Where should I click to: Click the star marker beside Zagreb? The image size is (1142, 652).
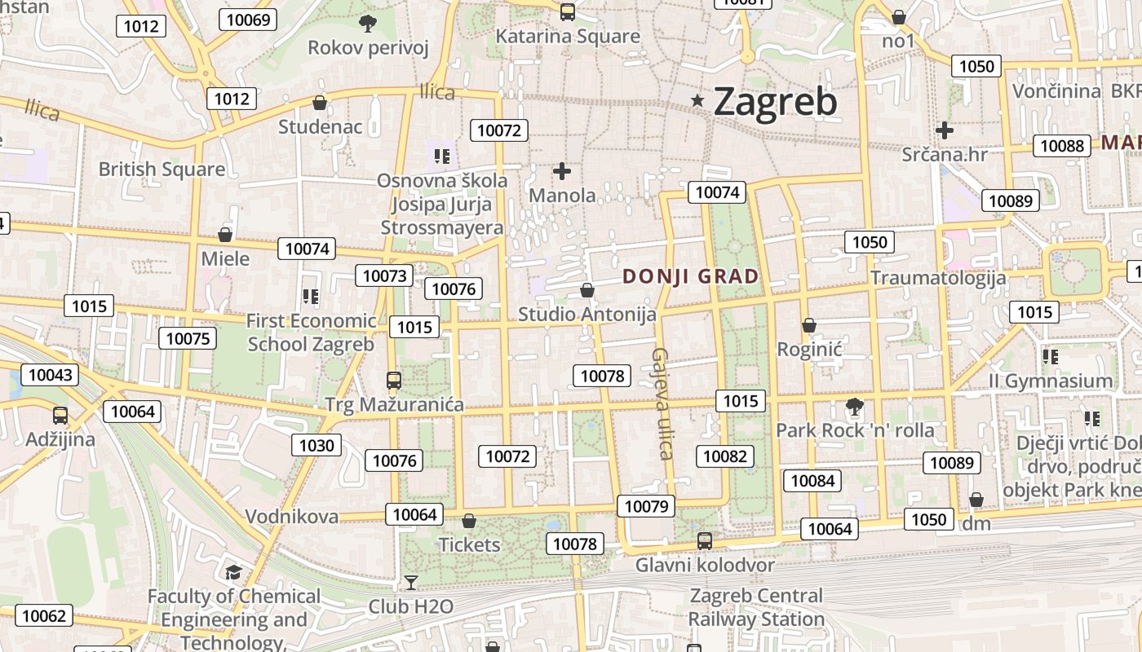point(697,101)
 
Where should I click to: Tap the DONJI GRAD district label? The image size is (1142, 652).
point(691,276)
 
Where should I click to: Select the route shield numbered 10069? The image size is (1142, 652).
point(248,20)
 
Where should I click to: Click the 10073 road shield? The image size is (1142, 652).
point(384,275)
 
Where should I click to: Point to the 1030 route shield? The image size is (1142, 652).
point(316,445)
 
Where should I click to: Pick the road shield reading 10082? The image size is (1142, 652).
point(725,456)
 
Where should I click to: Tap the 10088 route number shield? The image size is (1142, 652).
point(1062,146)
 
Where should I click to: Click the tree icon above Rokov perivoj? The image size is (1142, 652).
point(368,24)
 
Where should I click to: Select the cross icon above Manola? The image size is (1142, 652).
point(562,171)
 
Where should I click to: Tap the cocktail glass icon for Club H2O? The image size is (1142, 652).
point(411,582)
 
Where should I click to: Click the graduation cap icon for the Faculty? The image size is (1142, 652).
point(234,572)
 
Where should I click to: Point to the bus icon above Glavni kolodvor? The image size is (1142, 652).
point(705,541)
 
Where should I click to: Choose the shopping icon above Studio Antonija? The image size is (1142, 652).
point(586,290)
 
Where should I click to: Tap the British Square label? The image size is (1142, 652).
point(162,170)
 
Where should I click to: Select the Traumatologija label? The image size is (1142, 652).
point(938,278)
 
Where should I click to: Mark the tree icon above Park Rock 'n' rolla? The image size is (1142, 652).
point(854,406)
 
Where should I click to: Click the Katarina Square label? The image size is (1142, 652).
point(568,37)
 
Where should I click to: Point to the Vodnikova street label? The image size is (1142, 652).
point(292,516)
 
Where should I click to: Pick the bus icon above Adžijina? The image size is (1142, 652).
point(60,416)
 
